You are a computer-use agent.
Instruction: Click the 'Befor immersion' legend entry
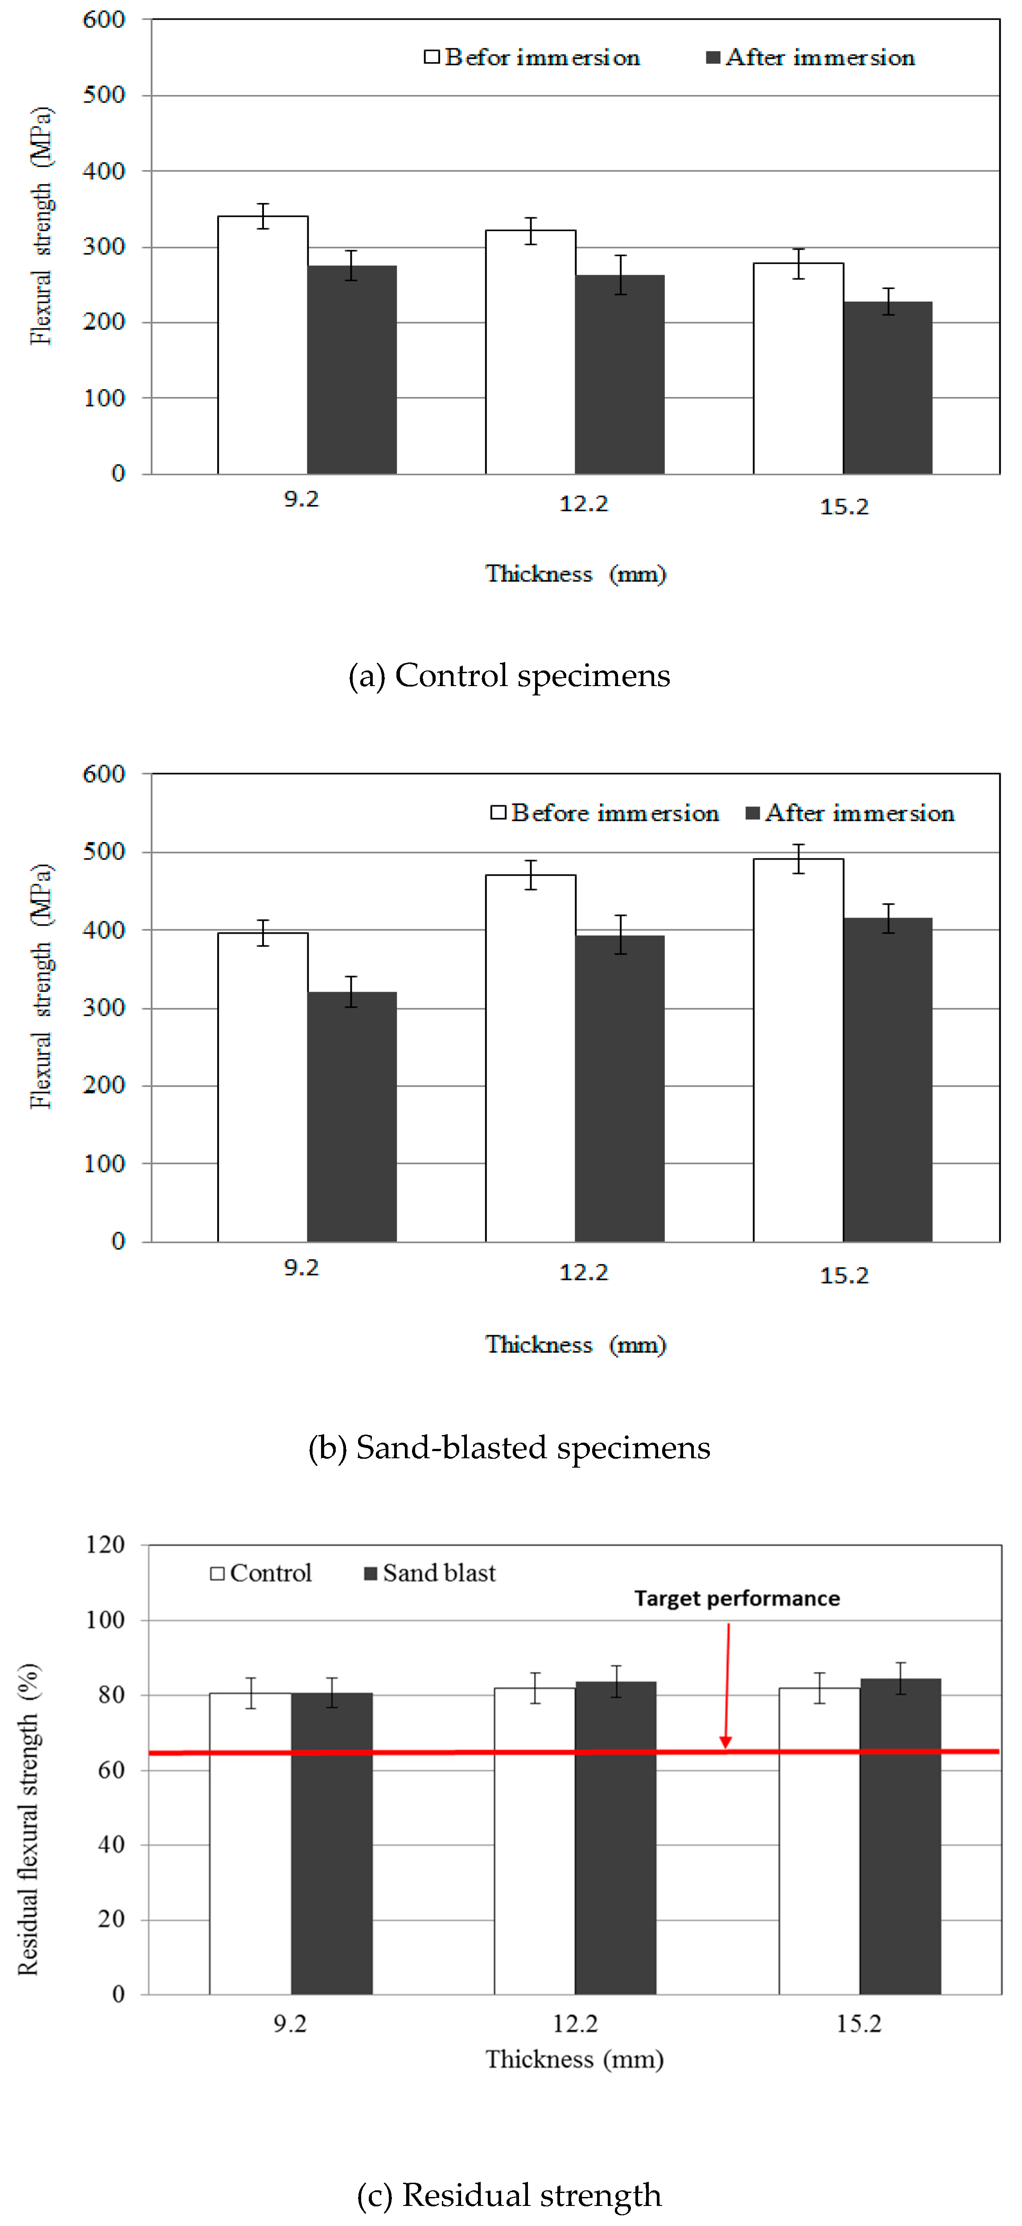(x=532, y=58)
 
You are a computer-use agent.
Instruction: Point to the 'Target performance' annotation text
(x=737, y=1599)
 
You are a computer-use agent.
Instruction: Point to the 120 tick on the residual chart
(x=105, y=1544)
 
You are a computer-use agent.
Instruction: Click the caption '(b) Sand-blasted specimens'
(x=509, y=1448)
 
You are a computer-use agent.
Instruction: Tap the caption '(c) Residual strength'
(x=509, y=2195)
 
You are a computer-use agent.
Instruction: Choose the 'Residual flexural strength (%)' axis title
(x=29, y=1819)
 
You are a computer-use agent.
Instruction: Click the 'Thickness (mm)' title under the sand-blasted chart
(x=575, y=1345)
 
